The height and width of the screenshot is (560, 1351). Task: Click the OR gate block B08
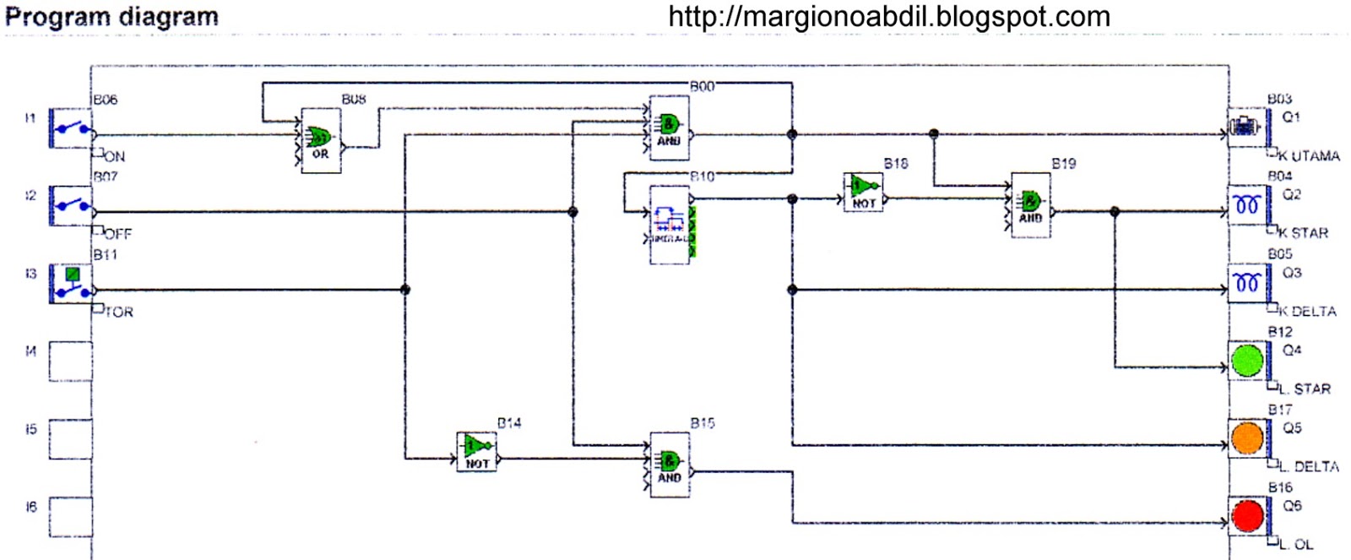(x=321, y=140)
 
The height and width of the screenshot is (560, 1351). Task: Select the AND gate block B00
(x=669, y=128)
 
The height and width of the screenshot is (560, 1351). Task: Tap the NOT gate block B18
(x=863, y=192)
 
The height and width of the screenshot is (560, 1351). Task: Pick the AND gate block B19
(x=1030, y=204)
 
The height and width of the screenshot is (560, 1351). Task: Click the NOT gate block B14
(x=476, y=451)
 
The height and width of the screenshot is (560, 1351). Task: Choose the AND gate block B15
(x=670, y=464)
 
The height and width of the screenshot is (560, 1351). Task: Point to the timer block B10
(x=670, y=224)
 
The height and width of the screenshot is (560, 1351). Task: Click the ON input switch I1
(x=71, y=128)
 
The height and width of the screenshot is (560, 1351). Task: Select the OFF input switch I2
(x=71, y=205)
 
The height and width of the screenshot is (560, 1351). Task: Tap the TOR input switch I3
(x=71, y=284)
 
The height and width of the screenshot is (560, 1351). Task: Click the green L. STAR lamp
(x=1247, y=361)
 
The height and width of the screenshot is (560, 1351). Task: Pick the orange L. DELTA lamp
(x=1247, y=438)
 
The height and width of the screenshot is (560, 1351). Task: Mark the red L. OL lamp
(x=1247, y=516)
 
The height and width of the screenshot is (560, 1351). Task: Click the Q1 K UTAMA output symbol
(x=1245, y=128)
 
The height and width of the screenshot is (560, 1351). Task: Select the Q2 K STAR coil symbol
(x=1247, y=205)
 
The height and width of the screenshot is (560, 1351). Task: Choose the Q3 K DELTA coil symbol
(x=1247, y=283)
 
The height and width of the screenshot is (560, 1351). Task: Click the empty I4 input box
(x=70, y=361)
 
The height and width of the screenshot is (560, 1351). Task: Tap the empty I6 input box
(x=70, y=516)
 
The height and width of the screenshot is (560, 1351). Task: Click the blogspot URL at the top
(x=888, y=17)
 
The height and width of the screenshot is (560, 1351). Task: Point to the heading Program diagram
(x=111, y=17)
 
